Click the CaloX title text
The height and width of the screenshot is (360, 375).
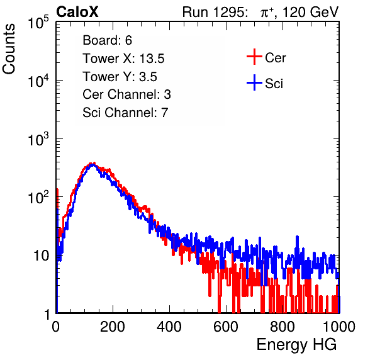(x=77, y=12)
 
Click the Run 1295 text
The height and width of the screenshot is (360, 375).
(x=215, y=12)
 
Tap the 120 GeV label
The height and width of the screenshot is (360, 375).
(x=311, y=12)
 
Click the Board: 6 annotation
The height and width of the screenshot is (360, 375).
(x=107, y=40)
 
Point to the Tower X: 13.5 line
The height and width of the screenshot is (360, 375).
(x=123, y=59)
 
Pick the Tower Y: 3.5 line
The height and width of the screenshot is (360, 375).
(x=120, y=77)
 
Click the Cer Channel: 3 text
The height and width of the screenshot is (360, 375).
(x=126, y=94)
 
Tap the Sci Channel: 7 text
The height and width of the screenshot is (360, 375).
(x=125, y=113)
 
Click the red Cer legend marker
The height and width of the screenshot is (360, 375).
(x=254, y=57)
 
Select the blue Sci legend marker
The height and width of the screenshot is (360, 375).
(x=254, y=82)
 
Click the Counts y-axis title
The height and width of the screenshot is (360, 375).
(x=9, y=49)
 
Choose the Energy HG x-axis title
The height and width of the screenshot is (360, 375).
(x=296, y=345)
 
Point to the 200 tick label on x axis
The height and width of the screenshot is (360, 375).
(x=113, y=327)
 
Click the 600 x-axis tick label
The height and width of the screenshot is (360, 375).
(x=226, y=327)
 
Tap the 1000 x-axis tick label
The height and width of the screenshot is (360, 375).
(x=339, y=327)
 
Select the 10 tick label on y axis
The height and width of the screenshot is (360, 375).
(x=41, y=256)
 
